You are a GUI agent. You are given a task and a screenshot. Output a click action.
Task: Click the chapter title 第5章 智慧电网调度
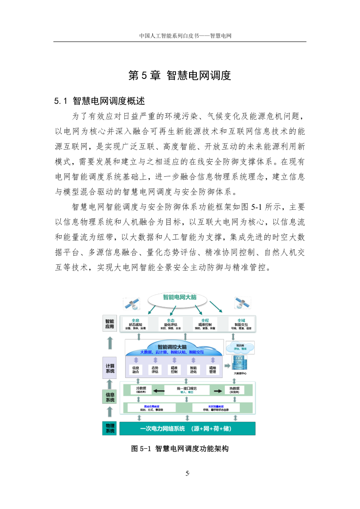coord(180,75)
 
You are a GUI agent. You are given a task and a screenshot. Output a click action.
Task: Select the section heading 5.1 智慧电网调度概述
coord(99,101)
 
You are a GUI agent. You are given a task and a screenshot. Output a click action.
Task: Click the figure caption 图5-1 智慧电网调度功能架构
coord(180,449)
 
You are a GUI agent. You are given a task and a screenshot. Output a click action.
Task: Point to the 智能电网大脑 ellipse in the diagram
coord(180,298)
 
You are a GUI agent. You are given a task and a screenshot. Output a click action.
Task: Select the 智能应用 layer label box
coord(110,324)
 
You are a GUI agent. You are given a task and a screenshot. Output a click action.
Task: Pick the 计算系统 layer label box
coord(110,368)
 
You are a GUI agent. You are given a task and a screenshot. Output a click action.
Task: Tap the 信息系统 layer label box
coord(110,397)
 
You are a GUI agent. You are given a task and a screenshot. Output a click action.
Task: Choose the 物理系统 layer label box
coord(110,428)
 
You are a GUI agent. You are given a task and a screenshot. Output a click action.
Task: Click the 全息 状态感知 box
coord(136,324)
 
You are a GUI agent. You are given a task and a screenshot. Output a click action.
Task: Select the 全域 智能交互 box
coord(241,324)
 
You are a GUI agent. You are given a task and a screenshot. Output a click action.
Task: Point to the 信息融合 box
coord(136,369)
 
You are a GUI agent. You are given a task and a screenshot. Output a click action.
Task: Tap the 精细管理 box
coord(212,369)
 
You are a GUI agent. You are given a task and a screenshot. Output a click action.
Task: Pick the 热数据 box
coord(234,390)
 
